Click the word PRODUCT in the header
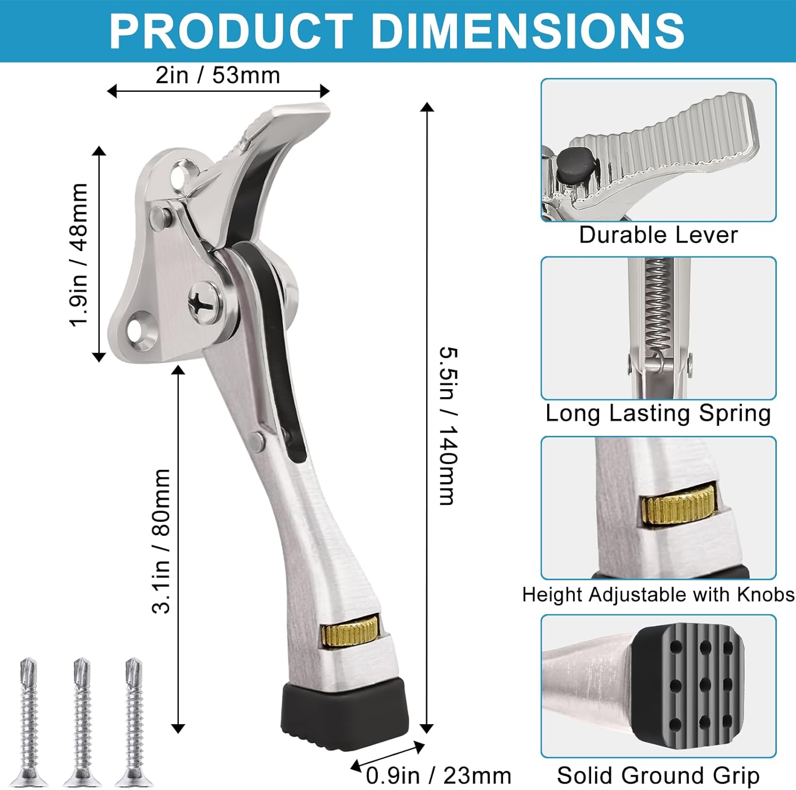tap(231, 31)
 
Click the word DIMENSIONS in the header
tap(528, 31)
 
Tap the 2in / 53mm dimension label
tap(218, 75)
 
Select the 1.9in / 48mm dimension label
tap(79, 255)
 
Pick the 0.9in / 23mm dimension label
tap(438, 776)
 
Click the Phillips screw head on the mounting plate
tap(204, 302)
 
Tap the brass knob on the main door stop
tap(350, 631)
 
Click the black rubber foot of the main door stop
tap(345, 714)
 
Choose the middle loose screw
tap(82, 722)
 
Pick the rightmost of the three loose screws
tap(134, 722)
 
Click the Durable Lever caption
tap(658, 235)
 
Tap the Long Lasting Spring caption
tap(658, 413)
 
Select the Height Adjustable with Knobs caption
tap(658, 595)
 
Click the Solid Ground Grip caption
tap(658, 776)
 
